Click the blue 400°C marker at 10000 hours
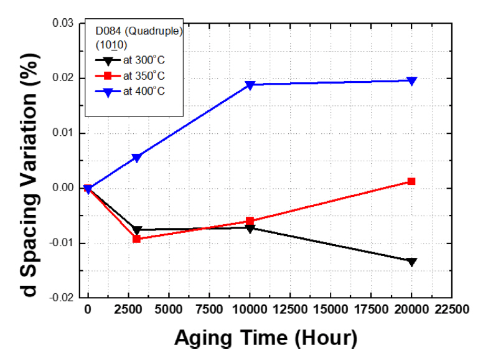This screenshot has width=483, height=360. [250, 85]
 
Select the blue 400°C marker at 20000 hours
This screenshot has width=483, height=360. [411, 80]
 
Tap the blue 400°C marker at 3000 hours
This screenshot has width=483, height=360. [136, 158]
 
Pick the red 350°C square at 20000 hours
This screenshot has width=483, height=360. [411, 181]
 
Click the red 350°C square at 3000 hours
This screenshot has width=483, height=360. [136, 239]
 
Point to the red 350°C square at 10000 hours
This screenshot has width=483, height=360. [250, 221]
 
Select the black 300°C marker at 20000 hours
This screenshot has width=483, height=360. [411, 262]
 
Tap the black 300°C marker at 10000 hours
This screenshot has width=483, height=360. [250, 228]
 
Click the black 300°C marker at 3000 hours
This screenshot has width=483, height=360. [136, 230]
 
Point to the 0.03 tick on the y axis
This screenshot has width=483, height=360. [62, 24]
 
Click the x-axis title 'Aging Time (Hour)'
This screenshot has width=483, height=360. [266, 338]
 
